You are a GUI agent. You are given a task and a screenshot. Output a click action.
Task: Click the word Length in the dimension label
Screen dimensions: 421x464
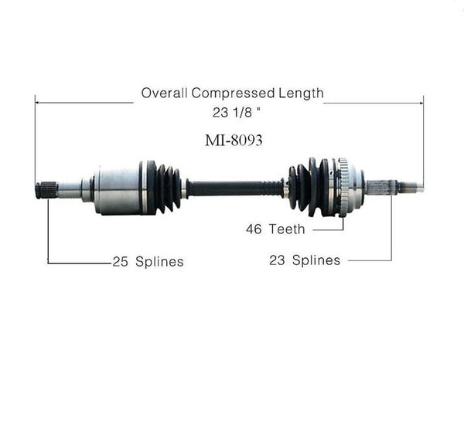302,93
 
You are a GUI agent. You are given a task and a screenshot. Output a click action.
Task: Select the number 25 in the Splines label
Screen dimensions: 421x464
120,262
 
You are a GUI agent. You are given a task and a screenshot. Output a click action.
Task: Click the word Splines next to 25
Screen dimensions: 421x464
159,262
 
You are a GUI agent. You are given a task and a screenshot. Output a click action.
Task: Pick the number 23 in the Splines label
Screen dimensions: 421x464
277,260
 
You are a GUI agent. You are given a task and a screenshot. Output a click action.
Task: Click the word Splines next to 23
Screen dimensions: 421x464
316,260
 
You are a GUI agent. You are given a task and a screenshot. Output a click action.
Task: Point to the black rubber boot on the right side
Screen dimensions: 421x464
308,187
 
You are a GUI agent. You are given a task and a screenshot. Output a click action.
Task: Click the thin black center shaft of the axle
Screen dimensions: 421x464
232,187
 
